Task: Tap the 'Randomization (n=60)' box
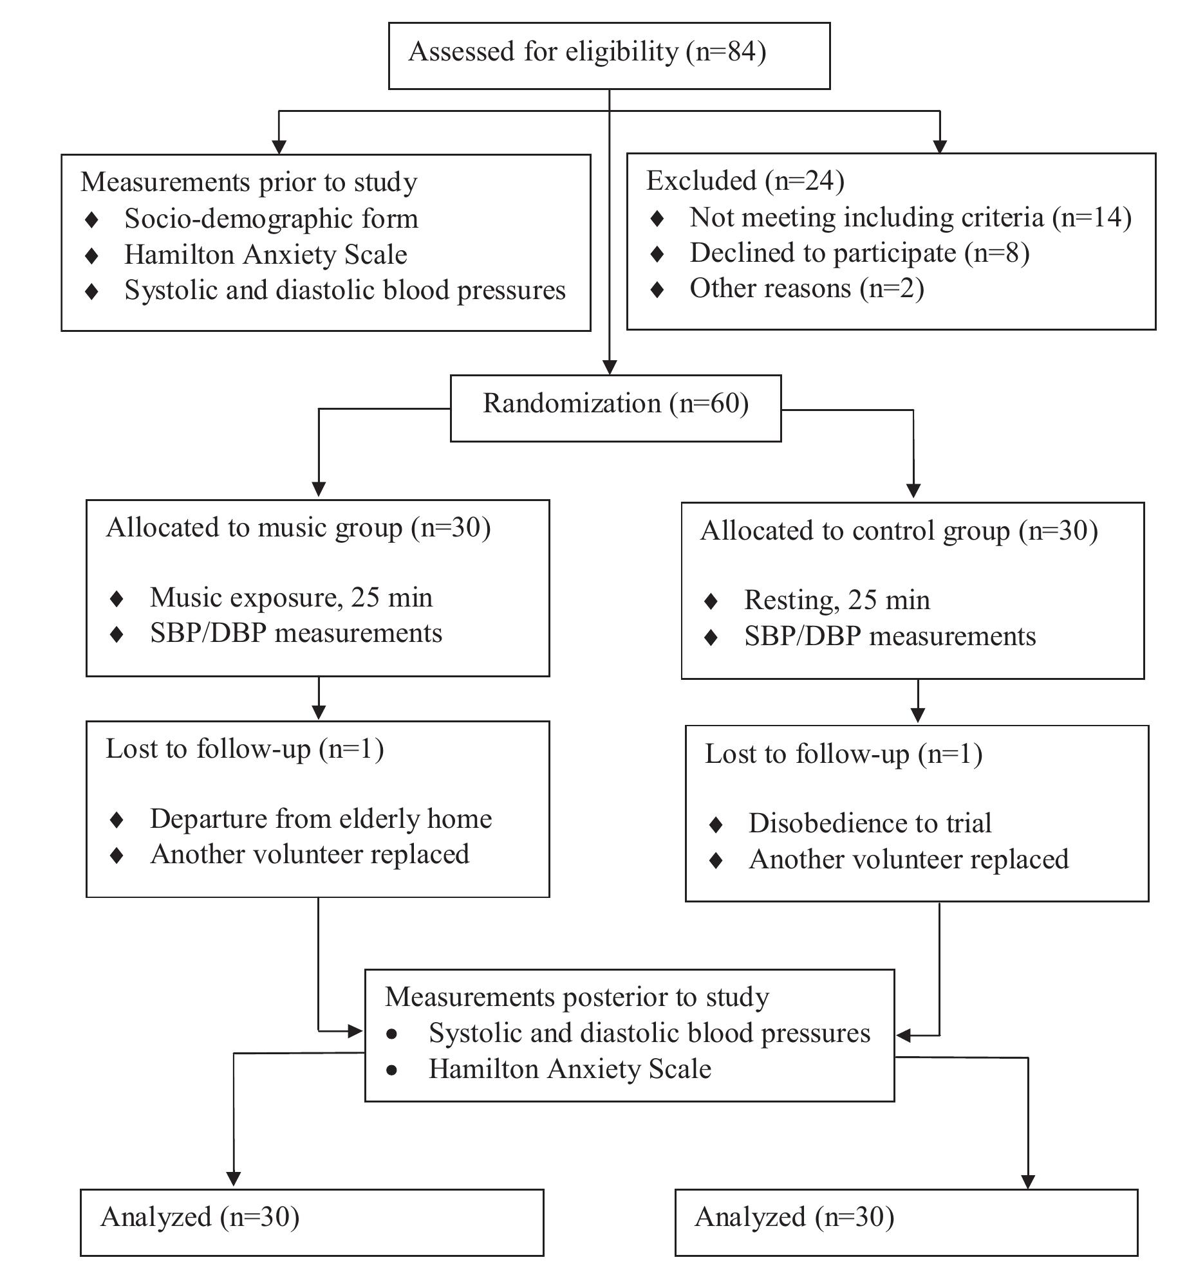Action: (615, 408)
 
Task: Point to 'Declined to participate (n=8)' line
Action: (859, 253)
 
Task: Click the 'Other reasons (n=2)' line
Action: (807, 289)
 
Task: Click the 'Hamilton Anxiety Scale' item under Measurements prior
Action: (265, 255)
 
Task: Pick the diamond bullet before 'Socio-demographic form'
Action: (92, 220)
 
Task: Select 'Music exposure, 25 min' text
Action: (291, 598)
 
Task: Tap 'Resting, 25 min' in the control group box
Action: (837, 601)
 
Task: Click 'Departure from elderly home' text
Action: (321, 819)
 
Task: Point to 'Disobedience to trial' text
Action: (870, 824)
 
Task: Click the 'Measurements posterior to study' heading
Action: (577, 998)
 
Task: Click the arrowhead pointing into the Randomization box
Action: (609, 368)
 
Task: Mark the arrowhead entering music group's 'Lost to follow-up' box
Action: (319, 713)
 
